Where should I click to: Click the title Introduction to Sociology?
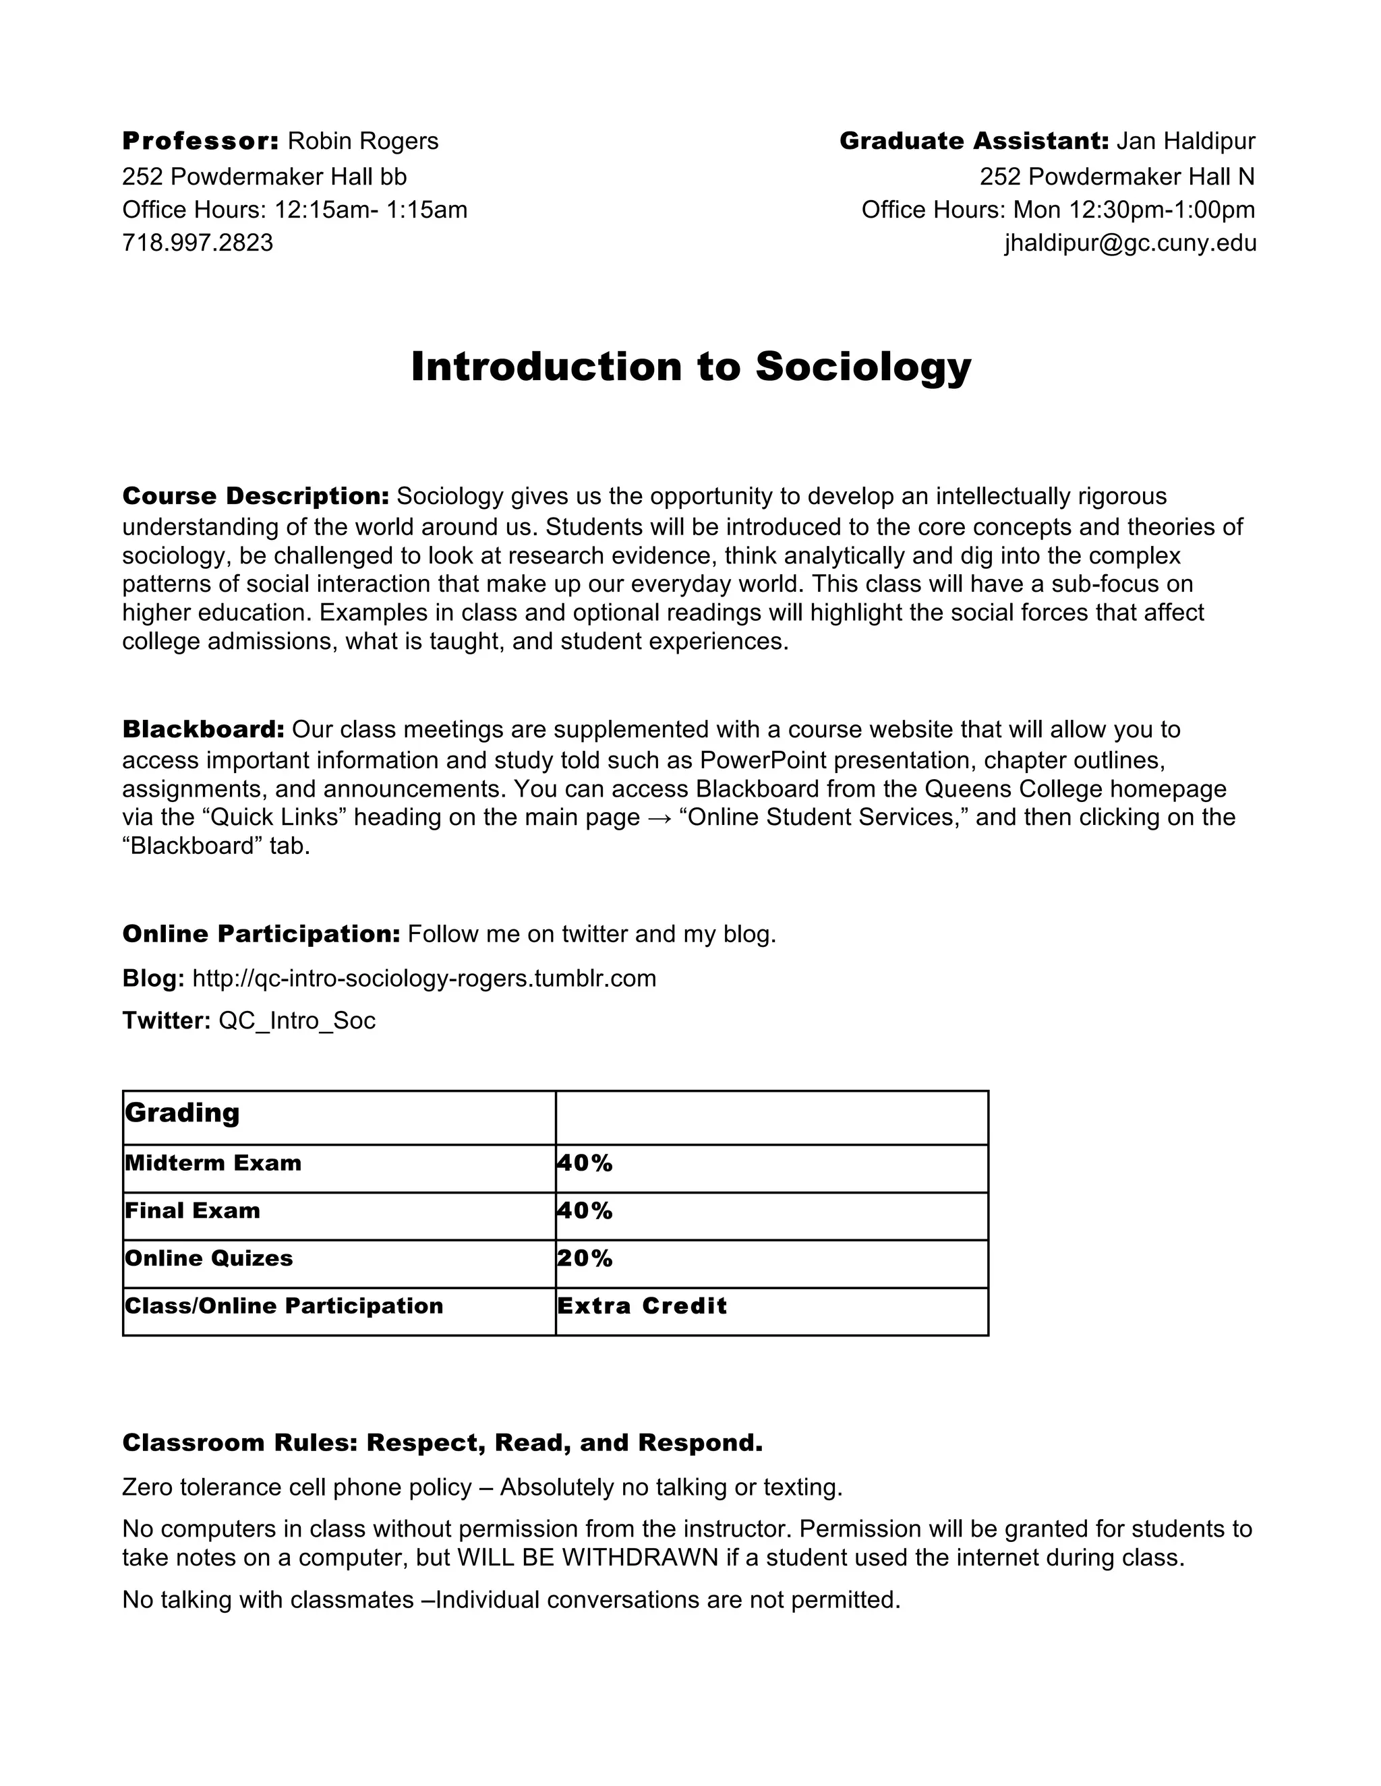(x=690, y=367)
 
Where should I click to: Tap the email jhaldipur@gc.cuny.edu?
(x=1130, y=243)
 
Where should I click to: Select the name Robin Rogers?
(x=363, y=142)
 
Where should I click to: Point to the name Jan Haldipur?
(x=1185, y=142)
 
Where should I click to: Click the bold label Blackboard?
(x=203, y=729)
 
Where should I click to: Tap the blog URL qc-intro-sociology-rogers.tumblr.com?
(x=423, y=978)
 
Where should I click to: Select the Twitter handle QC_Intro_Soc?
(x=297, y=1020)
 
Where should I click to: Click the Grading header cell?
(x=183, y=1113)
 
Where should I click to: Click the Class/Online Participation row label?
(x=284, y=1306)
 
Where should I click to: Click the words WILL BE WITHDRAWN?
(x=587, y=1558)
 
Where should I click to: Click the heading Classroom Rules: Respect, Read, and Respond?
(x=442, y=1442)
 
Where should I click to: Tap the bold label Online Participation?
(x=261, y=934)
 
